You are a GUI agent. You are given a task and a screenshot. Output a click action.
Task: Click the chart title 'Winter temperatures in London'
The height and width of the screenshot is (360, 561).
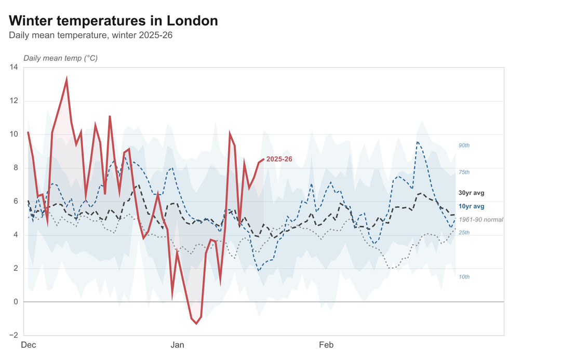click(x=113, y=21)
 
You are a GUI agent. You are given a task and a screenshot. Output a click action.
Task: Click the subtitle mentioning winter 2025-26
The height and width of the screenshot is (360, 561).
click(x=90, y=35)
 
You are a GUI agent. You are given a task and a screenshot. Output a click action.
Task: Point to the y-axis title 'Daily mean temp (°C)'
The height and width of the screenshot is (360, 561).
click(x=60, y=58)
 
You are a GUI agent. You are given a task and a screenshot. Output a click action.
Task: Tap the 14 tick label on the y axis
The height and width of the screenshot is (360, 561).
click(x=13, y=68)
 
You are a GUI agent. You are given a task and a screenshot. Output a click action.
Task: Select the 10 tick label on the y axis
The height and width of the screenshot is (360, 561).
click(x=13, y=135)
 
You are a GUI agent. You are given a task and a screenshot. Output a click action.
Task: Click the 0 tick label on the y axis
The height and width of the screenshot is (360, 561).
click(x=15, y=302)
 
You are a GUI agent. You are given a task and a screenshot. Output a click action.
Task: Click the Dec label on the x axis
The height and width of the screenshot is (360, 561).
click(x=28, y=345)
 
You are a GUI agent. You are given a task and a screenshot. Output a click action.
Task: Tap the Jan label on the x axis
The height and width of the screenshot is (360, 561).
click(x=177, y=345)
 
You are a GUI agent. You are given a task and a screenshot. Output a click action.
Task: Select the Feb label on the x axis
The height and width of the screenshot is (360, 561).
click(x=326, y=345)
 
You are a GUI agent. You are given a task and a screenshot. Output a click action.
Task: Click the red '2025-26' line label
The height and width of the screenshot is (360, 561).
click(x=279, y=159)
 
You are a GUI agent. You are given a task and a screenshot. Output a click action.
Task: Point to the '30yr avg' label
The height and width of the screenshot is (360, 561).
click(x=471, y=193)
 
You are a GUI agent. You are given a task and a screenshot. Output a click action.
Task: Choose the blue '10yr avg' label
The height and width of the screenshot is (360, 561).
click(x=471, y=207)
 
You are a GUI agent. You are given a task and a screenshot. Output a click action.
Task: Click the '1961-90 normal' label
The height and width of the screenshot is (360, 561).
click(x=480, y=220)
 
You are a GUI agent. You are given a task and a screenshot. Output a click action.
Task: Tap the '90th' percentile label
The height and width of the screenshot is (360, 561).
click(x=464, y=145)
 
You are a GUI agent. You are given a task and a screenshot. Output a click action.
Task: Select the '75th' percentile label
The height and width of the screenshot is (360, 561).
click(x=464, y=172)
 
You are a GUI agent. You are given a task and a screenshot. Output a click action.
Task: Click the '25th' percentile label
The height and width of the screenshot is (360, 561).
click(x=464, y=232)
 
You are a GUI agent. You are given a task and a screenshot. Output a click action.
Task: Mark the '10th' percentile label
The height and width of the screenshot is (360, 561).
click(x=464, y=277)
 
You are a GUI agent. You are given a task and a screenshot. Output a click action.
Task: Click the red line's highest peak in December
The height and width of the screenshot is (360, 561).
click(x=66, y=79)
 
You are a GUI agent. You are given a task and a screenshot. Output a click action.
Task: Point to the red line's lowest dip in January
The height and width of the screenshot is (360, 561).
click(x=196, y=323)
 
